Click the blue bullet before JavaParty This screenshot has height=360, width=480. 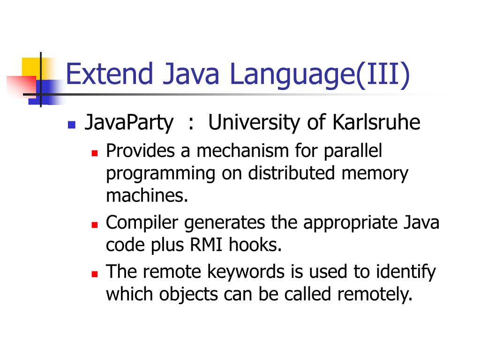tap(71, 125)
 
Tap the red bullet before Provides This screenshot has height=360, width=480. tap(94, 153)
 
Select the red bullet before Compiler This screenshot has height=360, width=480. tap(94, 225)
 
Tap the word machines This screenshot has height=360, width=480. tap(147, 195)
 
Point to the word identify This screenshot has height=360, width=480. tap(405, 272)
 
